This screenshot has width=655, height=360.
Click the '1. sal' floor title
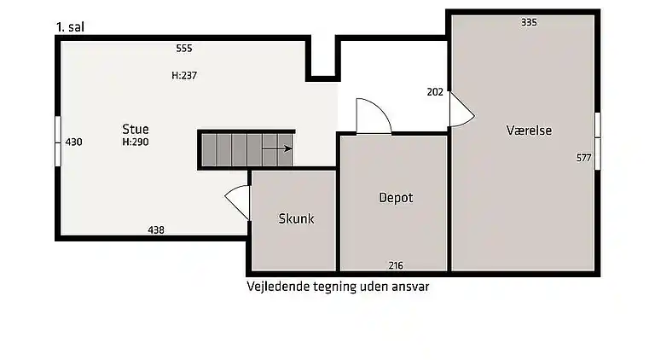click(x=69, y=26)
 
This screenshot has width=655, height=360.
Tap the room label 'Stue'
click(x=135, y=130)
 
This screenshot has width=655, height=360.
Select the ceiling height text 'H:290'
click(x=135, y=142)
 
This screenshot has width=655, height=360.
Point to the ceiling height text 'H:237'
click(x=184, y=75)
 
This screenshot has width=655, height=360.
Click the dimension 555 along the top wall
click(x=183, y=48)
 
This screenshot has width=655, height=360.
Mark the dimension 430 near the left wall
click(x=73, y=142)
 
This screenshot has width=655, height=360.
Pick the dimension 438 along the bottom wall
click(x=156, y=229)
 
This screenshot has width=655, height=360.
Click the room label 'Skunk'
click(x=296, y=218)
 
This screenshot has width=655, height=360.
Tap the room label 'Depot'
click(x=396, y=198)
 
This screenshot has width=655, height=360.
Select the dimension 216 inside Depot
click(x=396, y=265)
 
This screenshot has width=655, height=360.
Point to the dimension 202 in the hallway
click(x=434, y=92)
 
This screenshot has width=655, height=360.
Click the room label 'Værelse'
click(x=529, y=131)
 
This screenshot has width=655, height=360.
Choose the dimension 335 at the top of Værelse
click(x=529, y=22)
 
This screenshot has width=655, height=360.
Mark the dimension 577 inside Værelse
click(x=583, y=158)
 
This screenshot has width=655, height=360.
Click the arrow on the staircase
click(x=277, y=148)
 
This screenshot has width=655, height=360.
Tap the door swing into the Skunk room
click(x=238, y=203)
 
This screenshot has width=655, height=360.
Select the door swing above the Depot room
click(x=373, y=118)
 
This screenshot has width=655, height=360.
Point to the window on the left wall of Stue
click(x=57, y=141)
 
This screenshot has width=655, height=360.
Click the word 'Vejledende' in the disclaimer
click(x=277, y=287)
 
